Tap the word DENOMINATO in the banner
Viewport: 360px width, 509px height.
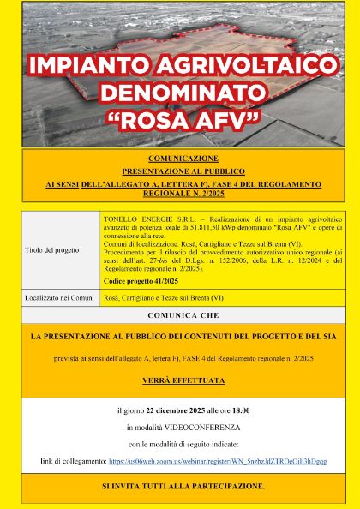pyautogui.click(x=179, y=92)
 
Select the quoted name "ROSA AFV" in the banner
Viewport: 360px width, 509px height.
pyautogui.click(x=179, y=118)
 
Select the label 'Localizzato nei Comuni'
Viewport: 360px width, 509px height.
pyautogui.click(x=57, y=296)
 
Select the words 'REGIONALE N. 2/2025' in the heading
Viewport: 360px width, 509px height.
pyautogui.click(x=178, y=194)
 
